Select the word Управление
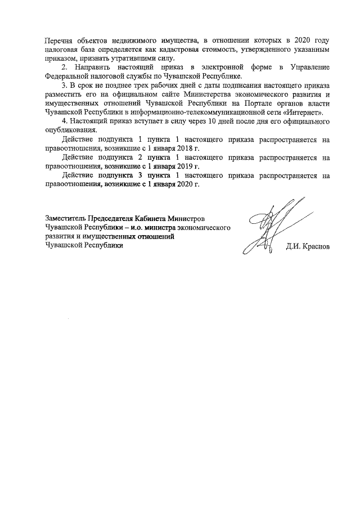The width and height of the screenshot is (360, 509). coord(309,67)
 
